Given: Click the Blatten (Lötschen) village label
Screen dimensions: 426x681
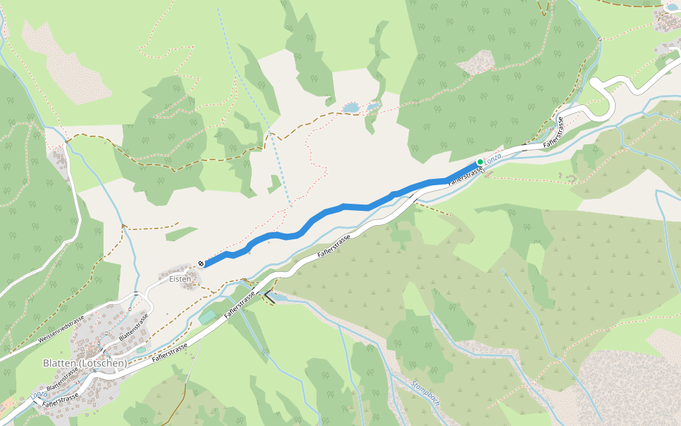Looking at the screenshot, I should tap(84, 363).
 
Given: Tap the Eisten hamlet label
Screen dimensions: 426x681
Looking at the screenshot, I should tap(180, 279).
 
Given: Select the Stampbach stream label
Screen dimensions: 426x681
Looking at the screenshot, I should tap(426, 395).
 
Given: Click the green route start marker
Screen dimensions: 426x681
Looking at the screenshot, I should tap(480, 163).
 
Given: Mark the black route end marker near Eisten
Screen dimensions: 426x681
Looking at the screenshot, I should tap(201, 264).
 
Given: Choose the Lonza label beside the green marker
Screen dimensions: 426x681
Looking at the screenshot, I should tap(493, 157).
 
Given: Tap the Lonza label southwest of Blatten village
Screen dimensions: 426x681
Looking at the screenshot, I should tap(38, 395).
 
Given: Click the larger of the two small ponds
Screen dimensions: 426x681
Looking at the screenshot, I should tap(350, 108).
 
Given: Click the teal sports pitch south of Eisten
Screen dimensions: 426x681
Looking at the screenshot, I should tap(207, 317).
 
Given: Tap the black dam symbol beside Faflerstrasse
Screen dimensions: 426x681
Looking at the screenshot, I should tap(270, 299).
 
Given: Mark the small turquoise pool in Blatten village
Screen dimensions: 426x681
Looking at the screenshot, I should tap(140, 349).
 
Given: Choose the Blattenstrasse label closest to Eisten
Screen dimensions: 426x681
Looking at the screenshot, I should tap(138, 326).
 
